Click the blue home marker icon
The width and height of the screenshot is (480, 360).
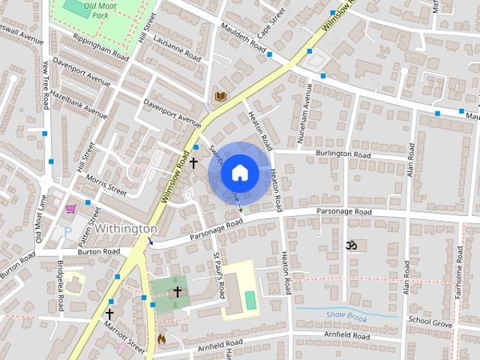point(239,173)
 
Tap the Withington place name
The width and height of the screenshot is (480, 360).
point(125,229)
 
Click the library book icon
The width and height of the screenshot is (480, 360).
point(220,96)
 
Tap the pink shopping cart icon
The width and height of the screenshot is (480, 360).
point(70,208)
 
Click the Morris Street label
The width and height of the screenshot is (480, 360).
point(106,185)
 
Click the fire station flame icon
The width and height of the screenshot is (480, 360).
point(160,339)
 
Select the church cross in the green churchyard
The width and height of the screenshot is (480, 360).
point(178,292)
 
